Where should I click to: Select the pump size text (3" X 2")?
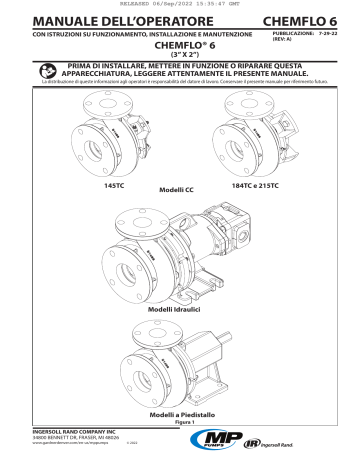[x=180, y=55]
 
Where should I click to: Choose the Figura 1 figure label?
[x=180, y=423]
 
